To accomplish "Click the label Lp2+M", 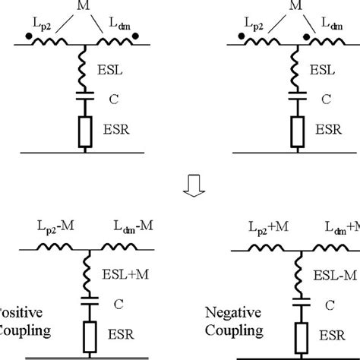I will (267, 226).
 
